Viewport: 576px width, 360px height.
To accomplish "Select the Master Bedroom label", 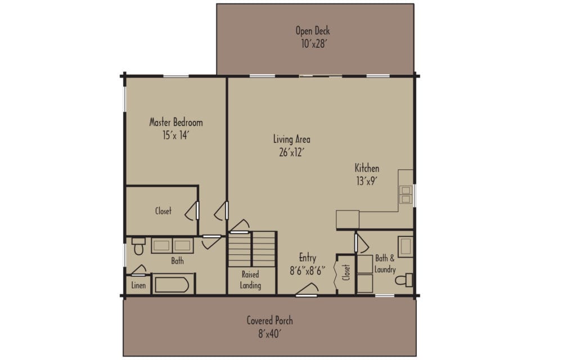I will click(175, 122).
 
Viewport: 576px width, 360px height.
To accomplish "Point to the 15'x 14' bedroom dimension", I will click(175, 135).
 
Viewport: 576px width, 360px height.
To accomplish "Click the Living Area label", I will click(291, 139).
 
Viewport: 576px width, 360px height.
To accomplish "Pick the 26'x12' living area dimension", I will click(291, 152).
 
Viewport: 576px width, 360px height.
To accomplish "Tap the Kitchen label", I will click(366, 168).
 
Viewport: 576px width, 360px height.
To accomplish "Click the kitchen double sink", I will click(406, 194).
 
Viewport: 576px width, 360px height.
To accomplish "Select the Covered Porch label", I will click(269, 321).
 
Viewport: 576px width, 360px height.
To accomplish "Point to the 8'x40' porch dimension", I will click(269, 334).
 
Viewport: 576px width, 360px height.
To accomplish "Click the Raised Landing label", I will click(250, 280).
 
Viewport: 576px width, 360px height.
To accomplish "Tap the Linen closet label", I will click(138, 286).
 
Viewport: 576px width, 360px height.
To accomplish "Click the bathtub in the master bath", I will click(171, 285).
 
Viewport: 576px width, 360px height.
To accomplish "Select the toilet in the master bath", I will click(138, 246).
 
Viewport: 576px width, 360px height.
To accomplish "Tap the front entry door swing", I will click(307, 289).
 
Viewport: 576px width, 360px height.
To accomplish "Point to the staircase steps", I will click(251, 249).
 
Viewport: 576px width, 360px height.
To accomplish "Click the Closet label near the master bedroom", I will click(163, 211).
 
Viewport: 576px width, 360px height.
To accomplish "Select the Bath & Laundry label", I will click(385, 264).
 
